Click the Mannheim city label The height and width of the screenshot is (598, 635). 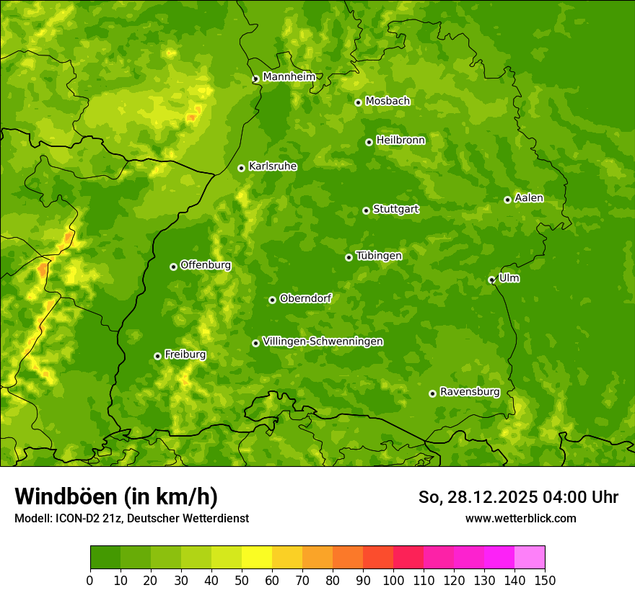click(289, 76)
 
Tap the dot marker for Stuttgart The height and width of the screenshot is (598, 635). click(366, 210)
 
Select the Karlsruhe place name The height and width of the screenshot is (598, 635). click(272, 166)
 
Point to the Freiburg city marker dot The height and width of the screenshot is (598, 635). click(157, 356)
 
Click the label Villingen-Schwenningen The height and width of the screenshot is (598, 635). click(323, 341)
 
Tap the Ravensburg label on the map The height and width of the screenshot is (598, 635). click(469, 391)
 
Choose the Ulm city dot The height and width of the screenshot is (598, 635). click(491, 280)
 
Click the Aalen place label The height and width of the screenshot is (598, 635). click(528, 197)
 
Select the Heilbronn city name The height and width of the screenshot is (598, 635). click(400, 140)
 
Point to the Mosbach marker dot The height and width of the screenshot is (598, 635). click(358, 102)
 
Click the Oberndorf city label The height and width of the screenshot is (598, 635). click(305, 298)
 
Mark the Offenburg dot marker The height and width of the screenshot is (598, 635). click(173, 267)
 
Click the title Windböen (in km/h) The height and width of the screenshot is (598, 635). click(115, 496)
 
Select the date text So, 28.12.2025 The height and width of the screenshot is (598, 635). click(479, 497)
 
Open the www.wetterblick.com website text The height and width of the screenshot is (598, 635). click(520, 518)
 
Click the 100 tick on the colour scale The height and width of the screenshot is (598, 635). click(393, 580)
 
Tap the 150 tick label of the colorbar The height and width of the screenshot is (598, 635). click(545, 580)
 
